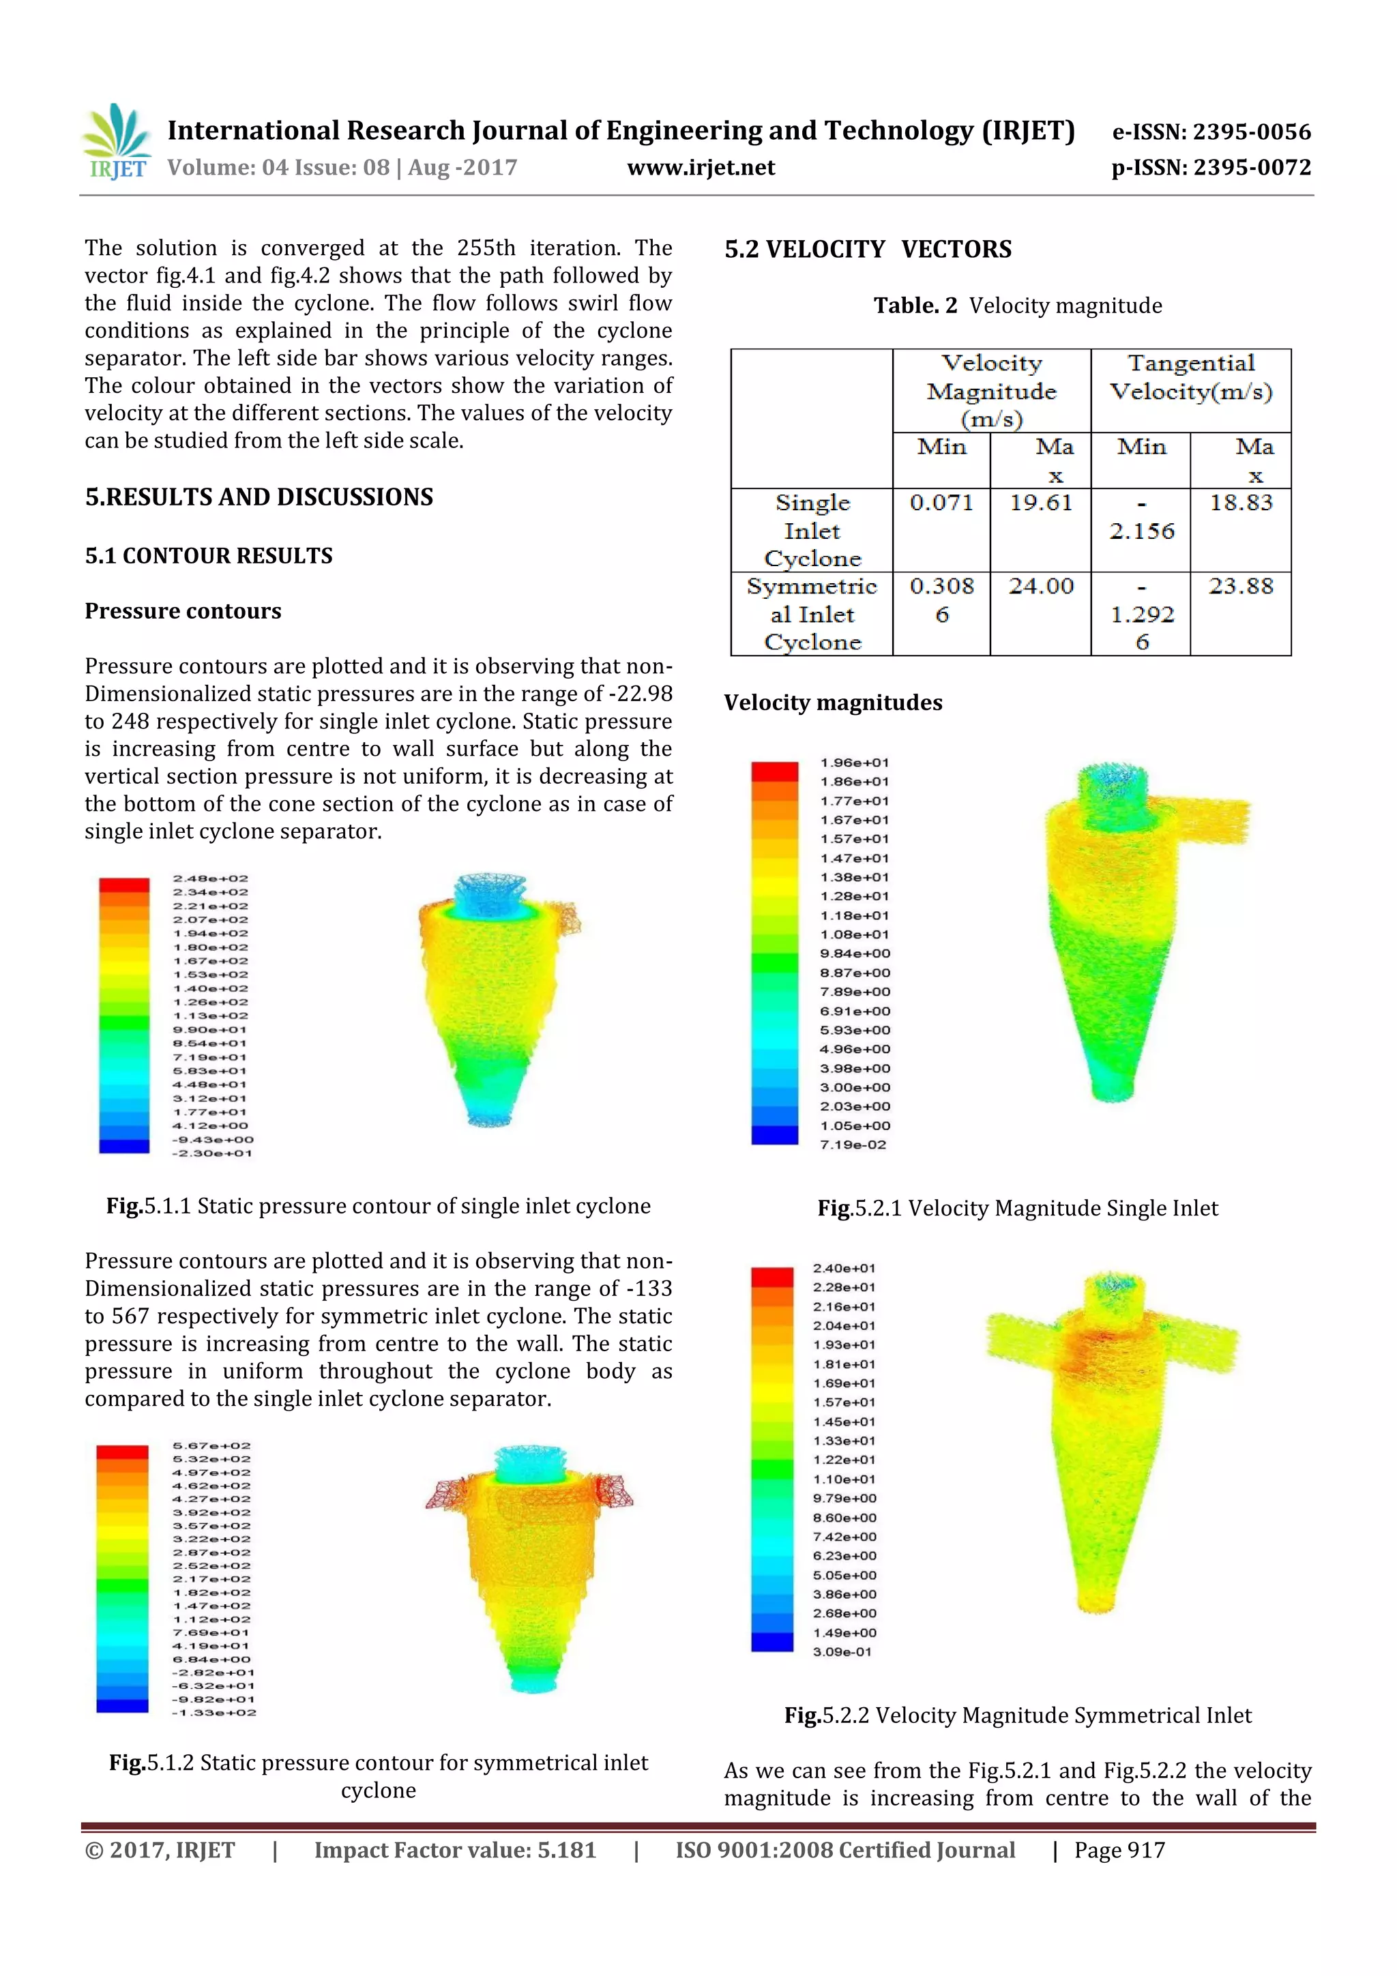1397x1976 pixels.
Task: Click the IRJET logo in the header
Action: [x=118, y=142]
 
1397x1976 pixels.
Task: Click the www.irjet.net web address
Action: [x=701, y=168]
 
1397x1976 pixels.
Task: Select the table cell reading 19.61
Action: [x=1041, y=503]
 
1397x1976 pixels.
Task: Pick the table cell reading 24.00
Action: [x=1041, y=586]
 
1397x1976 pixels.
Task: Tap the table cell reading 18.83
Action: [x=1240, y=503]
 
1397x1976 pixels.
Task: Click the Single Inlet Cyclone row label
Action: [x=812, y=530]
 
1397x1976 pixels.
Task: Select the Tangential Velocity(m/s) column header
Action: [x=1190, y=377]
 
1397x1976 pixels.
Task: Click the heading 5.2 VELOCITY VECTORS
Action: [x=868, y=250]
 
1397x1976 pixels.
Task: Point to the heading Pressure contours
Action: [x=183, y=611]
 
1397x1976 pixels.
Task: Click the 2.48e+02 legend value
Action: [x=211, y=879]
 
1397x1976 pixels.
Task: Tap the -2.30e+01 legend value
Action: [x=211, y=1153]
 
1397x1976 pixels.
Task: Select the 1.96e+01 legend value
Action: [x=854, y=763]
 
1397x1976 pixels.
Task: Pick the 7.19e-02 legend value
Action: [x=852, y=1145]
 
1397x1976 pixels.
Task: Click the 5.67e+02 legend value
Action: [x=211, y=1446]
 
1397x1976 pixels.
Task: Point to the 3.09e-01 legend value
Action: [x=842, y=1651]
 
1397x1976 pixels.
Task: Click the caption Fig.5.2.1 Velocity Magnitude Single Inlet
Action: [x=1018, y=1209]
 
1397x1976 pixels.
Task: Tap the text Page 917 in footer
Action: [x=1119, y=1850]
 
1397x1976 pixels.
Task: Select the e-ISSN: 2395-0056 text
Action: [x=1211, y=132]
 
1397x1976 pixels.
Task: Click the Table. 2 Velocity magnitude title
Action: [x=1018, y=306]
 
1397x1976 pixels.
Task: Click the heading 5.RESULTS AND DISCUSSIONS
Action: [x=259, y=497]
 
